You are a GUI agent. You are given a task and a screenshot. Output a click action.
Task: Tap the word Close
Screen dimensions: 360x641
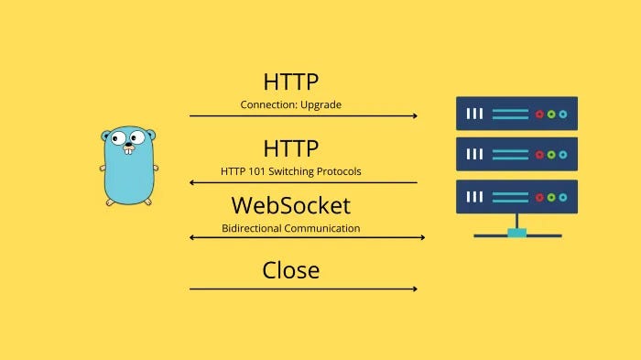[291, 270]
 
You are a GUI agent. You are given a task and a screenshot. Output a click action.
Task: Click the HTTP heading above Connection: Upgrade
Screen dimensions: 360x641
[291, 81]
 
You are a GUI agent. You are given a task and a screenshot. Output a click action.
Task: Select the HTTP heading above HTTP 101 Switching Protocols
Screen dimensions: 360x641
[291, 147]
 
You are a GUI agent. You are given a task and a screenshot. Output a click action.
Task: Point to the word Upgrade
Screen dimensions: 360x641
[321, 105]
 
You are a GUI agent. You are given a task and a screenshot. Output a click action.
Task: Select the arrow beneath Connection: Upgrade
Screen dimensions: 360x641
[303, 116]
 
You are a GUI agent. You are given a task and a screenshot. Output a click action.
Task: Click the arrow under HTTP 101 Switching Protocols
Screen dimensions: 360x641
[303, 183]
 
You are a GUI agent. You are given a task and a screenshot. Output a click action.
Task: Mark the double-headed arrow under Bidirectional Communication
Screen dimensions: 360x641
[307, 238]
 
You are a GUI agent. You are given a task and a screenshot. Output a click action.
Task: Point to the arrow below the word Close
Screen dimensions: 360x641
[303, 289]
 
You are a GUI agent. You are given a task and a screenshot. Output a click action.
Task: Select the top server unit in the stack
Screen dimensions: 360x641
[516, 114]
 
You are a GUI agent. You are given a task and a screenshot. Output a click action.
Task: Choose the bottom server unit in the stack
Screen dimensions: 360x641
[516, 196]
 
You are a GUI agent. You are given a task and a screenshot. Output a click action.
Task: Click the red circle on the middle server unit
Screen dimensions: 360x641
[539, 155]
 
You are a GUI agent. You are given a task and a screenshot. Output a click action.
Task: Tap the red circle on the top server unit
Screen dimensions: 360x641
[539, 114]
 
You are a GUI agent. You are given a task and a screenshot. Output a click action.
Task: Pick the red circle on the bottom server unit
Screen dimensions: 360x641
[539, 196]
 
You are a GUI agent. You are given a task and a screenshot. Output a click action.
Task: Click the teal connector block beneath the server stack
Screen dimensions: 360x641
[516, 233]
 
